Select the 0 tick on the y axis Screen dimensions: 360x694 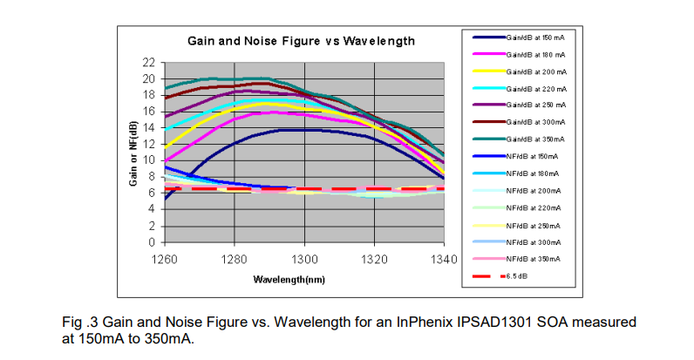pyautogui.click(x=151, y=241)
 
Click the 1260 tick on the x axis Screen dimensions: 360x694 pyautogui.click(x=164, y=258)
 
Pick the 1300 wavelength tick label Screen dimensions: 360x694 pyautogui.click(x=304, y=258)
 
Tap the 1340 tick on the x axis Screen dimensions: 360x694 pyautogui.click(x=444, y=258)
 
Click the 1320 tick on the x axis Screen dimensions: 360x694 pyautogui.click(x=374, y=258)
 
